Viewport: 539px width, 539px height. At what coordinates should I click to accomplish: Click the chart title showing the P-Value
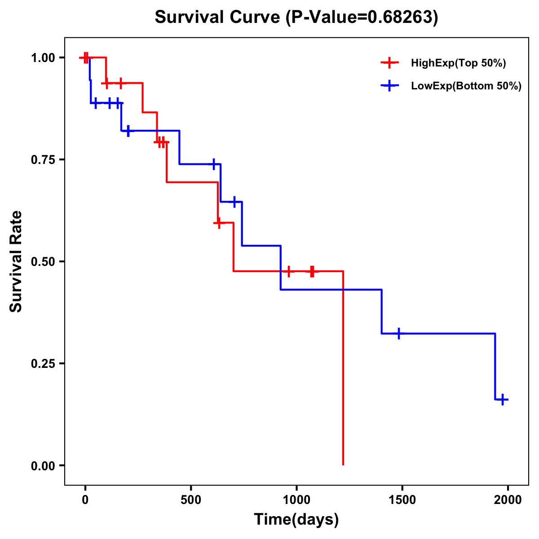click(x=296, y=18)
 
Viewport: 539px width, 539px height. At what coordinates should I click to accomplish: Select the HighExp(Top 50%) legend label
click(x=458, y=63)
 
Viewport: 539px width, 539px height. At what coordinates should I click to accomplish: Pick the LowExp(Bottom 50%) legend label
click(x=466, y=86)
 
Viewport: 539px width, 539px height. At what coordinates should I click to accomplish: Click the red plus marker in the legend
click(x=389, y=63)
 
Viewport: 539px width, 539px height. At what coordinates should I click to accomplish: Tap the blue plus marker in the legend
click(x=389, y=86)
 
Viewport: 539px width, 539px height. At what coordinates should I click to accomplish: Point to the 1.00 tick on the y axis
click(x=43, y=58)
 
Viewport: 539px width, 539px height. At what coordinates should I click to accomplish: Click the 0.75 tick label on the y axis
click(x=43, y=160)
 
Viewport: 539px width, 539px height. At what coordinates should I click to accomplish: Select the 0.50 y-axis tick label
click(x=43, y=262)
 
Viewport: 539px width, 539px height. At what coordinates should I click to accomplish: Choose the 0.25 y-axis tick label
click(x=43, y=364)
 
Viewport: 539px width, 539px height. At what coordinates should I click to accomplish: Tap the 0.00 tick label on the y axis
click(x=43, y=466)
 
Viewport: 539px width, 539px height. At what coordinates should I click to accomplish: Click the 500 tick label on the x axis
click(x=191, y=500)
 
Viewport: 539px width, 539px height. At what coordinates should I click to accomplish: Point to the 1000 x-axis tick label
click(x=296, y=500)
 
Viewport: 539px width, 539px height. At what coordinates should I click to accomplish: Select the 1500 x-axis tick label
click(x=402, y=500)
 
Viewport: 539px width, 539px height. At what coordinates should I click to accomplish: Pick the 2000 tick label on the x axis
click(x=508, y=500)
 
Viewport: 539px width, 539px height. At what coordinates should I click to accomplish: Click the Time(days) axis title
click(x=296, y=520)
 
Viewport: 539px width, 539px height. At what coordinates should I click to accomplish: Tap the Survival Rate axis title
click(x=17, y=261)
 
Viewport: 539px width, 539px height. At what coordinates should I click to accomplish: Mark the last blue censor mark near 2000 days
click(x=503, y=399)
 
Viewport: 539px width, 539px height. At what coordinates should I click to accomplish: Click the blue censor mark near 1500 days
click(x=398, y=334)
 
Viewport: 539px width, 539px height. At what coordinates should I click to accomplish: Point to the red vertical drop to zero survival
click(x=343, y=368)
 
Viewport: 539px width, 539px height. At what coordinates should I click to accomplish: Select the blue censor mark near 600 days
click(x=214, y=164)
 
